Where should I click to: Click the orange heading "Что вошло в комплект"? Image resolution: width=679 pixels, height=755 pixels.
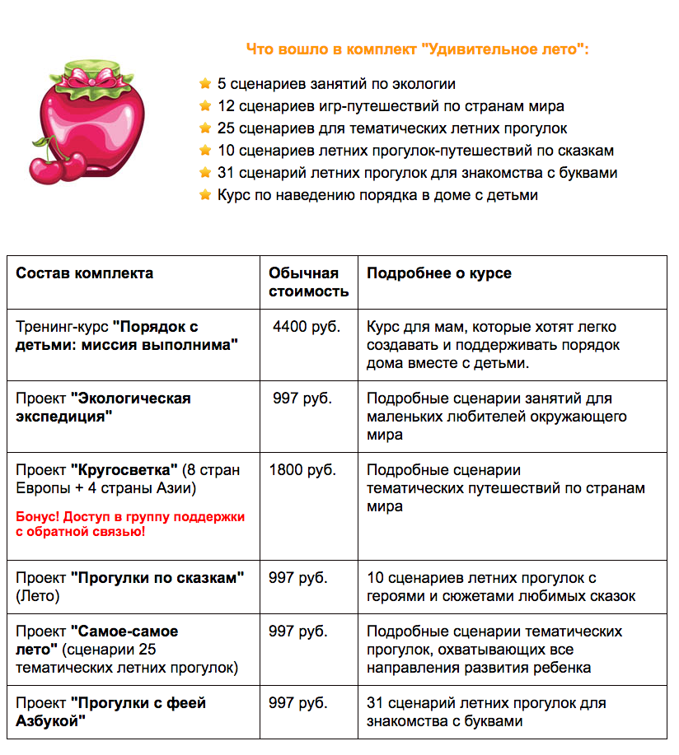417,49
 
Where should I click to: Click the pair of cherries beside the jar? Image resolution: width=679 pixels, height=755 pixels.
63,163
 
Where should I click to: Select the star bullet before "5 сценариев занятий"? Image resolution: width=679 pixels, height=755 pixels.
205,84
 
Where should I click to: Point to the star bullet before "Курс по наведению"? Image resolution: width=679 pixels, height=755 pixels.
205,195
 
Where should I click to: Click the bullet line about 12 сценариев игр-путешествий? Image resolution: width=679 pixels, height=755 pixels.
391,106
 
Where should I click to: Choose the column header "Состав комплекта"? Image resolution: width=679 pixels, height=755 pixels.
84,273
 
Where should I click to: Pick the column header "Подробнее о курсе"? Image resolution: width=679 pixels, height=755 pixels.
438,273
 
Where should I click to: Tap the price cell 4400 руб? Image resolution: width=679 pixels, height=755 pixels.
306,327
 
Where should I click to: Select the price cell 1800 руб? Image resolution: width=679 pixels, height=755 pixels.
302,470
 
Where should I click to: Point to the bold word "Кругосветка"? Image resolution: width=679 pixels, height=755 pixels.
124,470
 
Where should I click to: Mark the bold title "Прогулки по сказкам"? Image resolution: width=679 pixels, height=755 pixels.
157,577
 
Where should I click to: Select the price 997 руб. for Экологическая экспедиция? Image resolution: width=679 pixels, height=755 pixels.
302,398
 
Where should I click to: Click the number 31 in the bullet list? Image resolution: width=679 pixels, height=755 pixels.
227,173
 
